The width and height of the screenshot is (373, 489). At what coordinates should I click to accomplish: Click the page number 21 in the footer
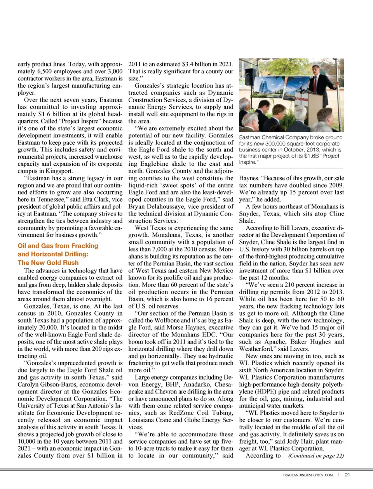[x=347, y=475]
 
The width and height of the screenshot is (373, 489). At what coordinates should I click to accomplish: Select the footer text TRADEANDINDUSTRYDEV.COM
[x=308, y=475]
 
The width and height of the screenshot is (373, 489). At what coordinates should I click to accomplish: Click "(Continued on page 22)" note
[x=316, y=456]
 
